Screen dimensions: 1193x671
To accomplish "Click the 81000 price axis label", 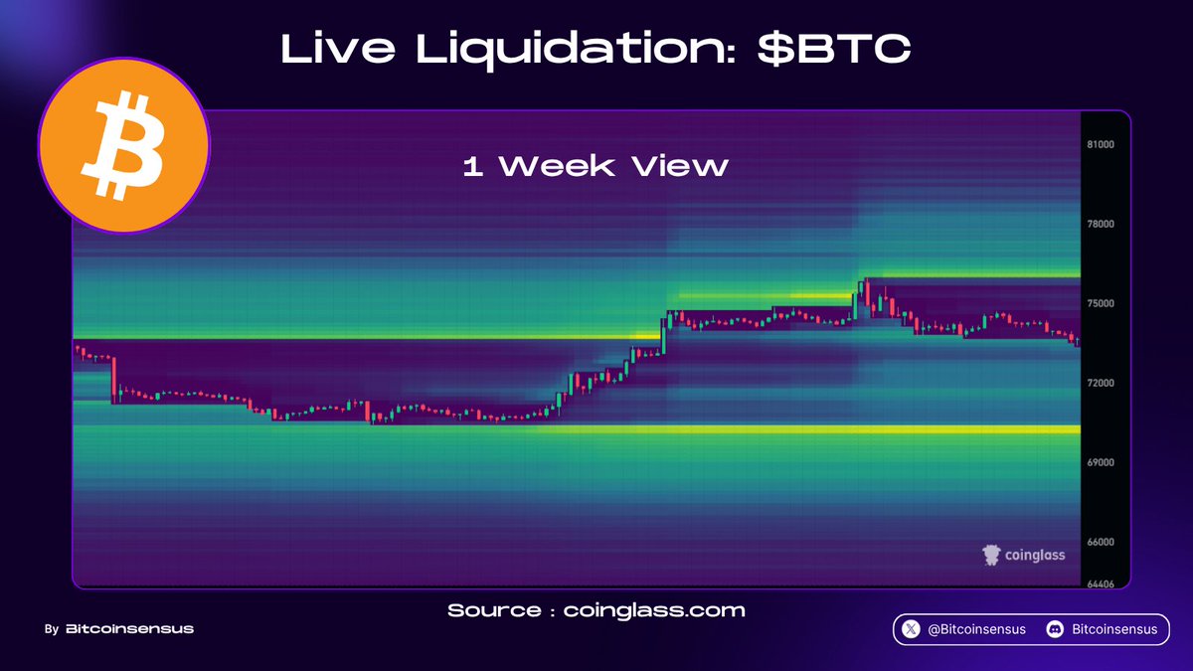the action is [1101, 145].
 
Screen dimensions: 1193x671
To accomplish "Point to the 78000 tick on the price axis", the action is [1101, 225].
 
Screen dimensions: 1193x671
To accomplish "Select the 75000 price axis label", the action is [1101, 303].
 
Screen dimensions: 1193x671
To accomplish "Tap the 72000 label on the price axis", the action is [1101, 383].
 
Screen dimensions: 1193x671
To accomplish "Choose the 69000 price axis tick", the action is [1101, 462].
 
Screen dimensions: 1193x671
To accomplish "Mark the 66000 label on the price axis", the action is [1101, 542].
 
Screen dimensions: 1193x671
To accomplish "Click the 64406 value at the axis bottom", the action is [1101, 585].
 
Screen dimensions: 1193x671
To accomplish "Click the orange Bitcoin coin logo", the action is [124, 145].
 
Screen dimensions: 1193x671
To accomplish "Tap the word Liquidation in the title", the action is [577, 50].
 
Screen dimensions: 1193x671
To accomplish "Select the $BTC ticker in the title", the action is [834, 49].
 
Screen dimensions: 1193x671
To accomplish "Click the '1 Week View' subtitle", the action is [596, 166].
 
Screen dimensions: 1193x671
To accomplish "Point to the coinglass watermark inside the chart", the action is [1024, 555].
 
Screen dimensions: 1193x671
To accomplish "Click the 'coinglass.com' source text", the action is [654, 610].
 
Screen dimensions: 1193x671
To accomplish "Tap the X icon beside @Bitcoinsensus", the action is [911, 629].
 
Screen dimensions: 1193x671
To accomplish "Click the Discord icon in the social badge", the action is [1055, 629].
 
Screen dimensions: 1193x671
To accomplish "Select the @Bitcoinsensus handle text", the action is [976, 629].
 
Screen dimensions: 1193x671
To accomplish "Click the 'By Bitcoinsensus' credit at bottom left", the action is [119, 629].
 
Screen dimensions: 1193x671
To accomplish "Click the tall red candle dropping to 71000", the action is [113, 379].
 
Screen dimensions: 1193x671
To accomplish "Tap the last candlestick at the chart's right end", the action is [1078, 341].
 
